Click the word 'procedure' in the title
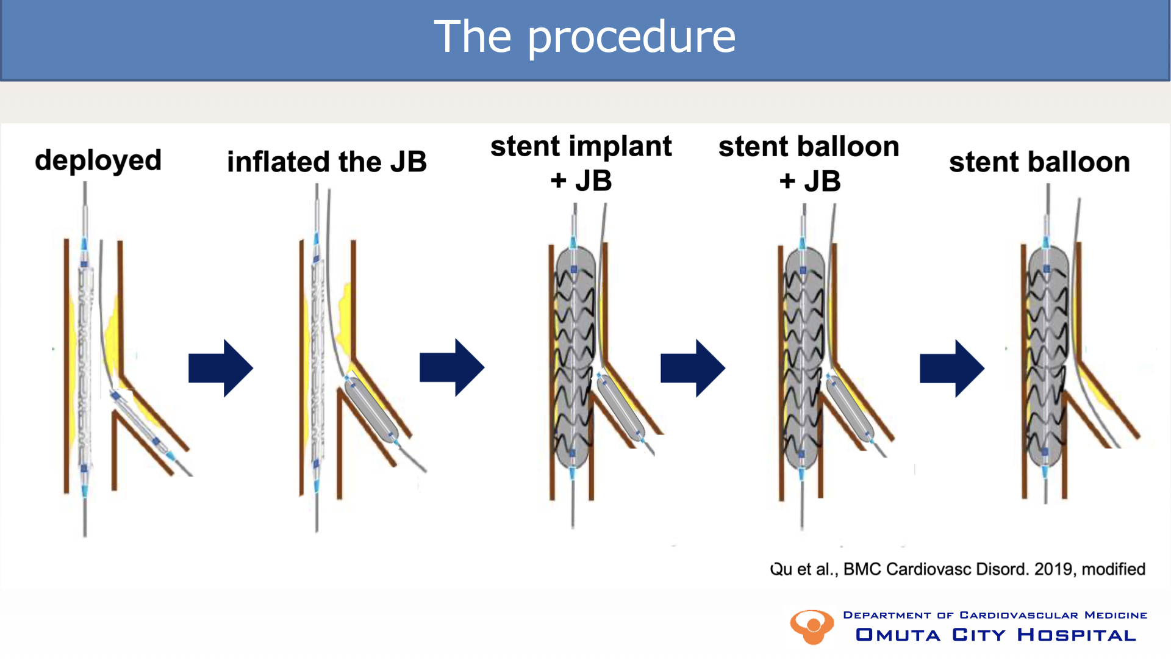click(631, 38)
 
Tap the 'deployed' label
click(98, 161)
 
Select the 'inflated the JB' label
click(327, 162)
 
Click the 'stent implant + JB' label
click(581, 163)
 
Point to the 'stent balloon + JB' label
click(809, 164)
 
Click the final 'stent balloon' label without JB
click(1039, 162)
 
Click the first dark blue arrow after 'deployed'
click(220, 368)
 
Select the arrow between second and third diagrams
click(451, 367)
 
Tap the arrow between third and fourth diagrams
click(692, 368)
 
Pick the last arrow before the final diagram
click(951, 368)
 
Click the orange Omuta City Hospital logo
click(812, 627)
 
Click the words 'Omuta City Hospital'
click(996, 635)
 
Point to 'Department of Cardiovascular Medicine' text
click(995, 615)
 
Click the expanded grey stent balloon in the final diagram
click(1048, 360)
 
